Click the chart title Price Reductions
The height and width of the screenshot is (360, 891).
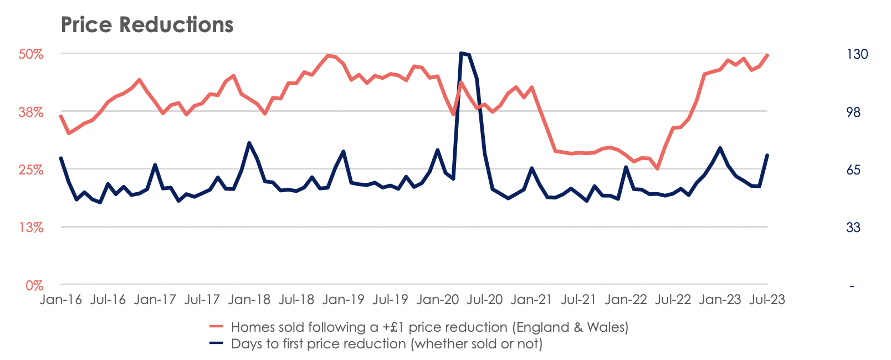(147, 25)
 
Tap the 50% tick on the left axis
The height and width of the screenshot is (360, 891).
(31, 54)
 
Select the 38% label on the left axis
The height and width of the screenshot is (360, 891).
(31, 112)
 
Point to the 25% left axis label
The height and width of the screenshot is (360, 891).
(31, 170)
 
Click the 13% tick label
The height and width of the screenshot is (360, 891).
(31, 228)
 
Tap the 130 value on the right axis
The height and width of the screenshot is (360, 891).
(857, 54)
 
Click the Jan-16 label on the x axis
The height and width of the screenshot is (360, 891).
(61, 300)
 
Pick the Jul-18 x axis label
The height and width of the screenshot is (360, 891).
(296, 300)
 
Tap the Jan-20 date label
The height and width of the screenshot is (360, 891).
(438, 300)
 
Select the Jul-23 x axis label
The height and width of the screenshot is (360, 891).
(767, 300)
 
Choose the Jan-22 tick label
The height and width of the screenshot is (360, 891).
(626, 300)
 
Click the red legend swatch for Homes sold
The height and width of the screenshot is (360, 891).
(216, 327)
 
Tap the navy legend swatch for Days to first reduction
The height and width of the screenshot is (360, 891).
(216, 344)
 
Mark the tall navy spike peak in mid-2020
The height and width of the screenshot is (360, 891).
(462, 53)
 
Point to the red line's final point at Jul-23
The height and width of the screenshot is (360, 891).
(767, 55)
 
